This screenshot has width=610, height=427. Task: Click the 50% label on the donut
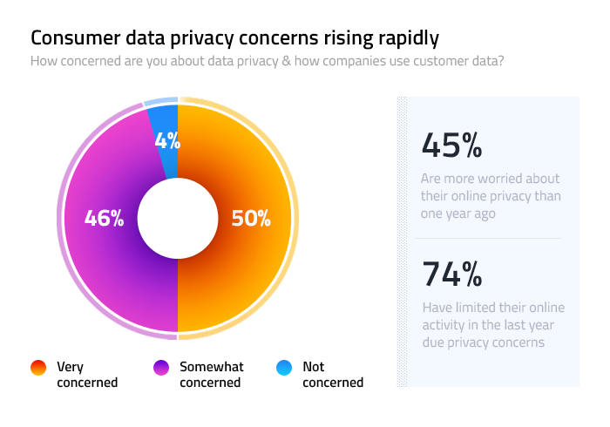(251, 218)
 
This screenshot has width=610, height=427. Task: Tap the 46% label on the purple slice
(104, 218)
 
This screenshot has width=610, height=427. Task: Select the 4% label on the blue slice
(167, 140)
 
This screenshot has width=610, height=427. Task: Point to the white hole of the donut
(178, 218)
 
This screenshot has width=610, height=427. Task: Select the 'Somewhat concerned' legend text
(211, 375)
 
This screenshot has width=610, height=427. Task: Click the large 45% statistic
(451, 145)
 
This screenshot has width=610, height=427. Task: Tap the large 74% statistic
(451, 274)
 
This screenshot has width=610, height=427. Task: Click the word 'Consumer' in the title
(71, 38)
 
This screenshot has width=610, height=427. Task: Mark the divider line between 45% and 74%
(488, 238)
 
